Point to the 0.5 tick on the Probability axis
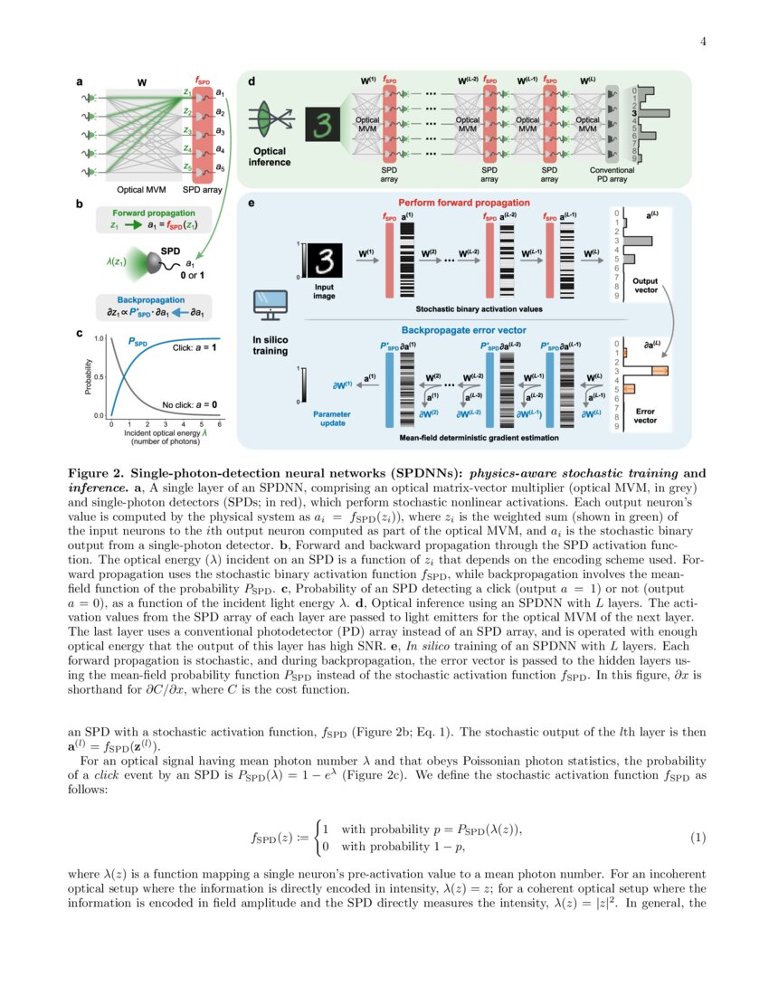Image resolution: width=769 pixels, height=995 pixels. coord(99,375)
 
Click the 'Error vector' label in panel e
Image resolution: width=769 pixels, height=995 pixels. coord(645,415)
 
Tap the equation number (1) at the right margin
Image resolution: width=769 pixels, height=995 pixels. coord(698,839)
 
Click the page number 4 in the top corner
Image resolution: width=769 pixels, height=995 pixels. coord(702,43)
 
